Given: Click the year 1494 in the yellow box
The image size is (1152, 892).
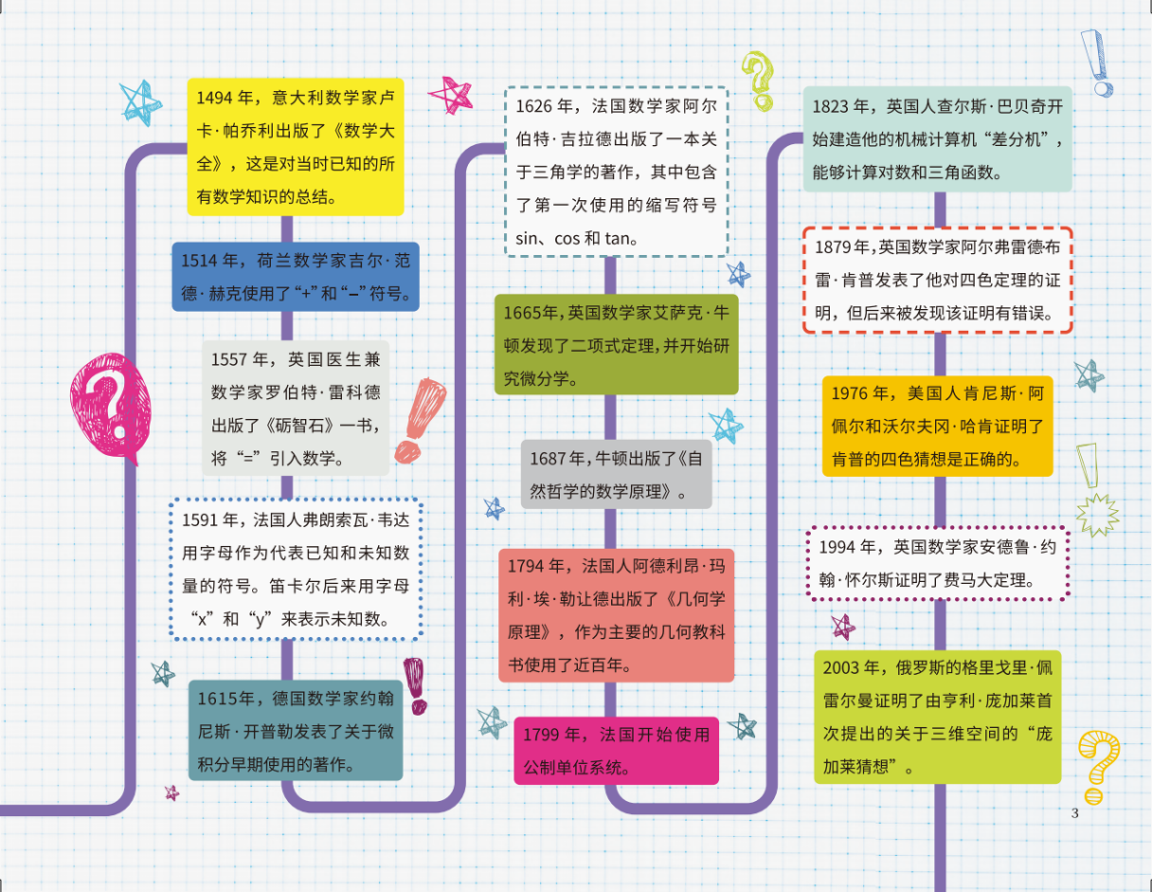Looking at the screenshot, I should tap(214, 99).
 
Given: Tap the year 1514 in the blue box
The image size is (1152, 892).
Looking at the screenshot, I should tap(200, 262).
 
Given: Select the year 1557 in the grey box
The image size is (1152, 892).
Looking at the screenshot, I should tap(229, 359).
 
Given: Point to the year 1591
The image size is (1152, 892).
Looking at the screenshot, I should tap(201, 519).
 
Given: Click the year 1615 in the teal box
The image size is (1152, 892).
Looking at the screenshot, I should tap(216, 700).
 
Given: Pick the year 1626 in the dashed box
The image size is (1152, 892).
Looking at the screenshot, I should tap(534, 107).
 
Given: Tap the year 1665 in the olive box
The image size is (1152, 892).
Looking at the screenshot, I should tap(521, 314).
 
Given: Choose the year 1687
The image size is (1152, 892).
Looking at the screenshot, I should tap(548, 459).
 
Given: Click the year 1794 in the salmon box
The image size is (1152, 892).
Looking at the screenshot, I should tap(527, 566).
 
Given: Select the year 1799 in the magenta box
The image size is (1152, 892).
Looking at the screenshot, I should tap(542, 735).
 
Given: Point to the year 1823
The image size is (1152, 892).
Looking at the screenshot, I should tap(831, 106).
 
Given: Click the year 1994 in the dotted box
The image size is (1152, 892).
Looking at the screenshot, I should tap(837, 547).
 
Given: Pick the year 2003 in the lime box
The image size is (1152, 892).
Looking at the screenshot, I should tap(841, 668).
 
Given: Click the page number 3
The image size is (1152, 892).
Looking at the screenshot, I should tap(1074, 813).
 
